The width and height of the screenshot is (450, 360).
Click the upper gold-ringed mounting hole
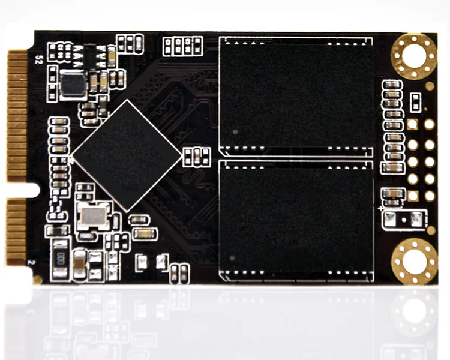click(x=414, y=57)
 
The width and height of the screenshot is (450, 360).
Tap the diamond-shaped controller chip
click(x=126, y=155)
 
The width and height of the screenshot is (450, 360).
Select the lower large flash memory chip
click(x=295, y=219)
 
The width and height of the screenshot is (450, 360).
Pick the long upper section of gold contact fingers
click(x=17, y=117)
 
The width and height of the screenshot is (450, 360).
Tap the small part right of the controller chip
click(x=196, y=156)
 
